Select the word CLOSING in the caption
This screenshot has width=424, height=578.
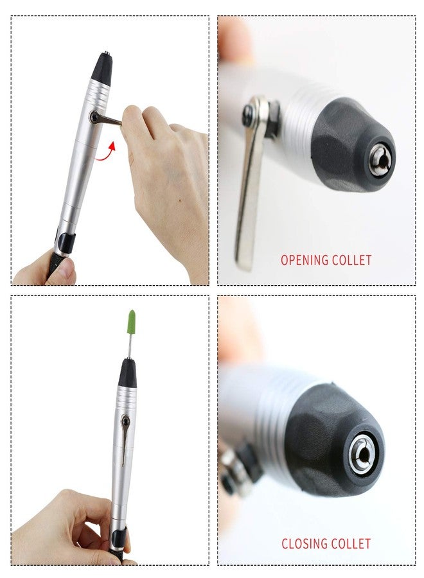coord(304,543)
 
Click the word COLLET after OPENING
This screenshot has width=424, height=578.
coord(351,260)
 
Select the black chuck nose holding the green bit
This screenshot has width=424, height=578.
coord(127,372)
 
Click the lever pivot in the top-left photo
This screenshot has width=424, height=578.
coord(95,116)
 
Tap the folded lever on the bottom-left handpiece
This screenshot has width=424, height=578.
coord(123,440)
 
